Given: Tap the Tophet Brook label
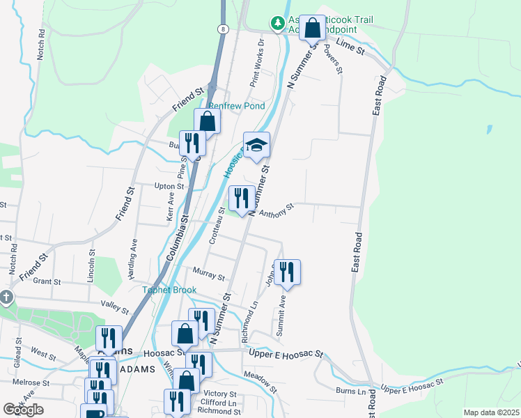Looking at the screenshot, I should point(170,290).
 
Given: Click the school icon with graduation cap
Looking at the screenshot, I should point(256,145).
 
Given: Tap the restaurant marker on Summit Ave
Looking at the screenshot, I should point(286,272).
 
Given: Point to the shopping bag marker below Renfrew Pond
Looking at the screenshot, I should point(208,121).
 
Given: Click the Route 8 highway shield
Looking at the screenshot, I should point(221,29).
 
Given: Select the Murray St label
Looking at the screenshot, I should point(208,274).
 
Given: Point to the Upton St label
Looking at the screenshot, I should point(169,187).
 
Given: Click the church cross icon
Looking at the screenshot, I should point(6,297).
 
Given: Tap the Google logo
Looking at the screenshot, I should point(23,410).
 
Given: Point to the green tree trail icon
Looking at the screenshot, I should point(278,23).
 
